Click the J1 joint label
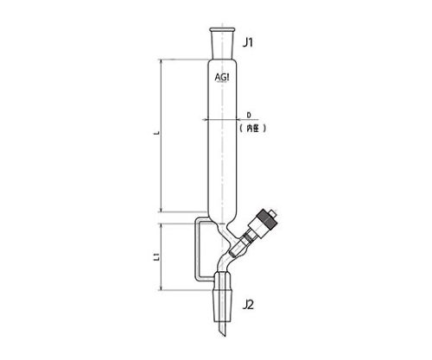click(x=248, y=43)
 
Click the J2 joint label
click(x=248, y=305)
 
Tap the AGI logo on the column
click(x=222, y=78)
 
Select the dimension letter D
click(x=249, y=115)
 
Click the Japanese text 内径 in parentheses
click(x=252, y=129)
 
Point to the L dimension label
click(x=156, y=133)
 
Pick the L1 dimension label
click(x=156, y=256)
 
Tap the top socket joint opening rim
click(x=222, y=29)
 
